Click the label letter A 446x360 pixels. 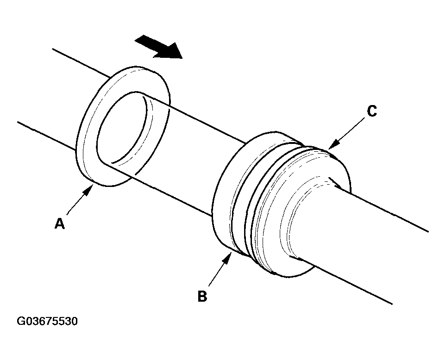pos(59,224)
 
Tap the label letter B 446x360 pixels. pos(202,296)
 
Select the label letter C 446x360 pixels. pos(371,111)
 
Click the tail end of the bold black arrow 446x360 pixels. pos(137,41)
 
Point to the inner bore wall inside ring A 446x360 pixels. pos(148,125)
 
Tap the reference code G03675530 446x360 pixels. pos(47,321)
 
